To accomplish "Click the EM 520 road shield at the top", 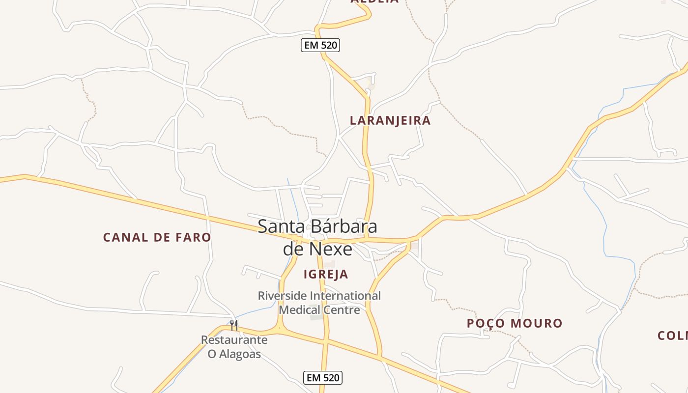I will pyautogui.click(x=320, y=46).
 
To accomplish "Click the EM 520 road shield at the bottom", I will pyautogui.click(x=322, y=378).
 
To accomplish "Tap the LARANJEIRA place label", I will pyautogui.click(x=390, y=120).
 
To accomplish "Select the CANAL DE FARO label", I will pyautogui.click(x=157, y=237).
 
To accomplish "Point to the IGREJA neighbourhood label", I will pyautogui.click(x=326, y=274).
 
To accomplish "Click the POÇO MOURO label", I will pyautogui.click(x=515, y=323).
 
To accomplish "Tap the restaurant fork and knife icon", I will pyautogui.click(x=234, y=325).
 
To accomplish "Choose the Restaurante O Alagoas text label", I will pyautogui.click(x=234, y=347).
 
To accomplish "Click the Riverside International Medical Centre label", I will pyautogui.click(x=319, y=303).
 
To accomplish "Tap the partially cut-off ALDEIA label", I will pyautogui.click(x=374, y=1).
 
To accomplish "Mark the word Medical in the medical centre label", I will pyautogui.click(x=299, y=310).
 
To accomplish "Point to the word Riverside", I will pyautogui.click(x=282, y=296).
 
